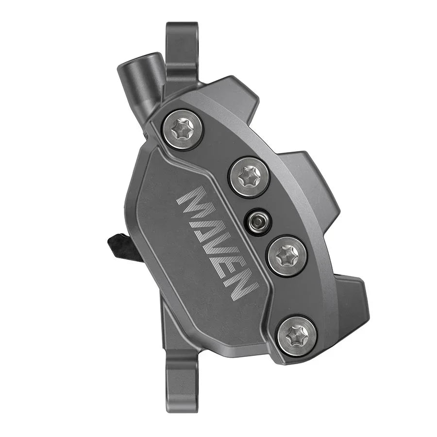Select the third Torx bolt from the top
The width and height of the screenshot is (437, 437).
click(287, 255)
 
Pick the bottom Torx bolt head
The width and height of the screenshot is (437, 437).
click(296, 335)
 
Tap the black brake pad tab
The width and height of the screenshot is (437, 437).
click(121, 245)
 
